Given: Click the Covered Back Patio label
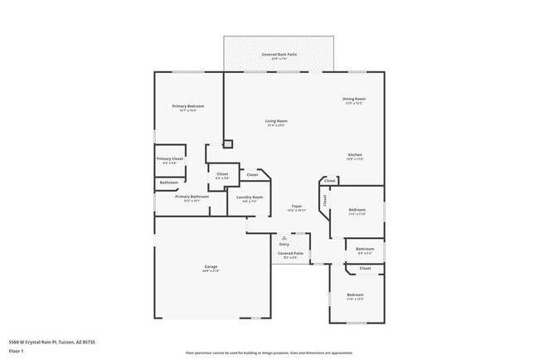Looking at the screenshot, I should click(x=279, y=55).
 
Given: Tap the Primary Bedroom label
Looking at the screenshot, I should click(x=188, y=106).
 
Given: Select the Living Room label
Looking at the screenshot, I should click(x=276, y=122).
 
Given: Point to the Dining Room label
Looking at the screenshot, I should click(x=354, y=100).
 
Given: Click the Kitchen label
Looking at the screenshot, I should click(x=354, y=155).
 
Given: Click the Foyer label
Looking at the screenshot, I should click(x=296, y=206).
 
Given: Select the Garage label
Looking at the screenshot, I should click(x=211, y=266).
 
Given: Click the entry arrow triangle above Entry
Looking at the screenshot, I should click(x=284, y=237).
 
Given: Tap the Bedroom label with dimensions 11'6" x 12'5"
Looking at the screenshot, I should click(x=355, y=296).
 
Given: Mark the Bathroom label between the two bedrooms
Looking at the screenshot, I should click(x=365, y=249).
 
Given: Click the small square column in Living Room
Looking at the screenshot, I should click(x=228, y=144).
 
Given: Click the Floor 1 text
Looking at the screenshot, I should click(x=17, y=351).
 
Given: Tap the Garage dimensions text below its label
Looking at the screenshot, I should click(x=211, y=271).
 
